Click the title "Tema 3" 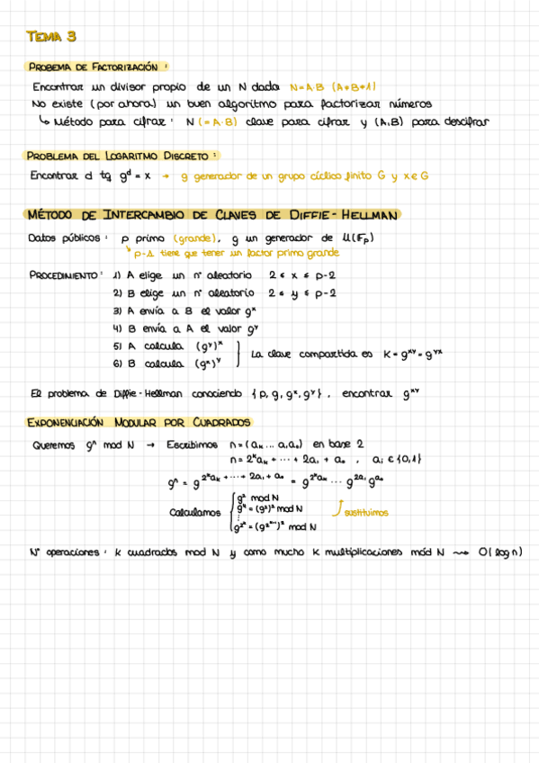point(52,37)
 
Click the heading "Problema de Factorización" point(99,67)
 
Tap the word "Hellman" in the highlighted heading point(368,215)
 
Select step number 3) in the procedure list point(117,310)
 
